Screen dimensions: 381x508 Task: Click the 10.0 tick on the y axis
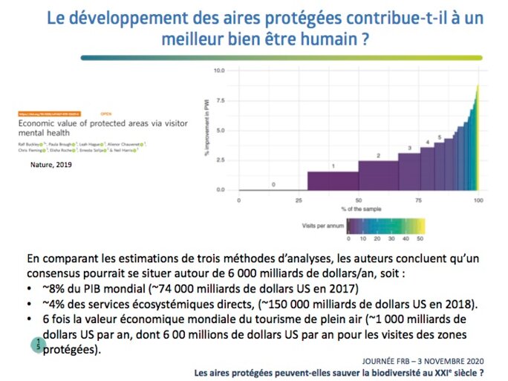pyautogui.click(x=218, y=71)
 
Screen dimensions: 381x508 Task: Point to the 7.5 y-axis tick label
pyautogui.click(x=219, y=101)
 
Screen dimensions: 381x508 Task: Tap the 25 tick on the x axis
pyautogui.click(x=299, y=201)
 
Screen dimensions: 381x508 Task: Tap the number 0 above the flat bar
pyautogui.click(x=273, y=183)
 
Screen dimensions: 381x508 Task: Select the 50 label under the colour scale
pyautogui.click(x=420, y=239)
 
